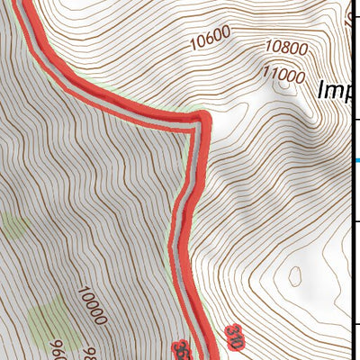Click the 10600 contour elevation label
pos(211,37)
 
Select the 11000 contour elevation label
pos(282,76)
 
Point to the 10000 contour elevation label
pos(93,306)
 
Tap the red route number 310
pos(235,337)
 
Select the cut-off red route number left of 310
pos(180,347)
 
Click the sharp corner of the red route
pos(200,121)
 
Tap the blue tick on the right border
pos(357,161)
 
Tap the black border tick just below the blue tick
pos(355,221)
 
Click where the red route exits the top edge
pos(27,3)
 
